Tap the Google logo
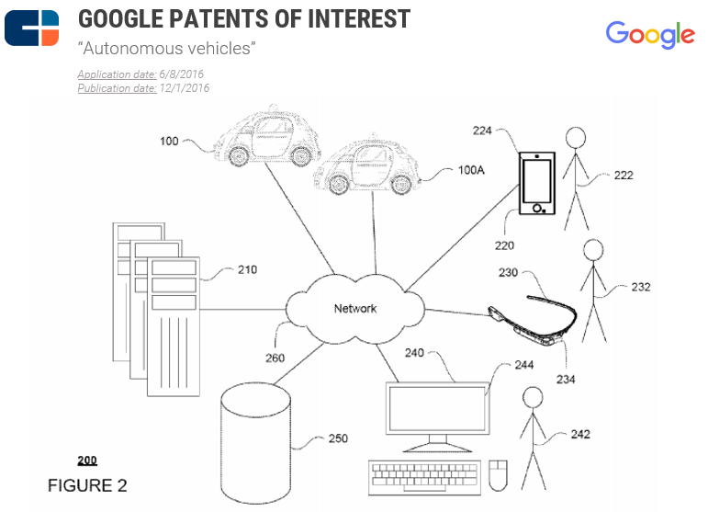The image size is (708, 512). pos(649,34)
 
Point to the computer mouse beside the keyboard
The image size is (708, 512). pos(499,474)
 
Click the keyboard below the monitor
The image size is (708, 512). pos(425,474)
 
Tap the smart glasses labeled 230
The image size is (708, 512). pos(534,317)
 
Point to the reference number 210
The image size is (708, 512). pos(247,269)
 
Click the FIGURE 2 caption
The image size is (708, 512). pos(87,484)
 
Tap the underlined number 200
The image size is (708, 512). pos(87,461)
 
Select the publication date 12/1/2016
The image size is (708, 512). pos(184,88)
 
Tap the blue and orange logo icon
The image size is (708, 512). pos(32,28)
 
